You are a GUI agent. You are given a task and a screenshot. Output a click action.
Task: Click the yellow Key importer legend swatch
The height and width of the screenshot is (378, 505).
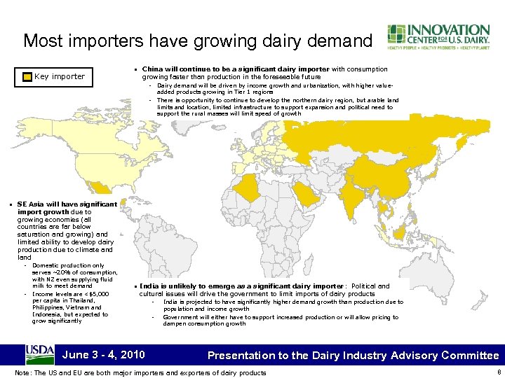(27, 76)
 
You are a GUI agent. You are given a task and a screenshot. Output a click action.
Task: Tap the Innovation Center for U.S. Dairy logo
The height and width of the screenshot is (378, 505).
(438, 38)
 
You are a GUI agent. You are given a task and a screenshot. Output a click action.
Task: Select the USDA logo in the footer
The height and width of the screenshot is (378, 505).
(40, 353)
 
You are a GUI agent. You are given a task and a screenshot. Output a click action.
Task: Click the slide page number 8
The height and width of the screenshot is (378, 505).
(497, 372)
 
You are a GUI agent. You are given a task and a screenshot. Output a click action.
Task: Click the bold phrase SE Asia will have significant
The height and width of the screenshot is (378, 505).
(67, 204)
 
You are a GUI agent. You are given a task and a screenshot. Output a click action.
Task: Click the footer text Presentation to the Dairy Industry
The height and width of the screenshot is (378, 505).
(309, 355)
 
